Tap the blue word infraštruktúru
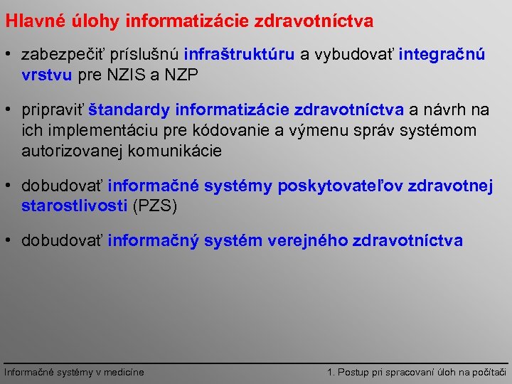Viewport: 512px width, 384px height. coord(239,55)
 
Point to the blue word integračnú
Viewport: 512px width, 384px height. coord(442,55)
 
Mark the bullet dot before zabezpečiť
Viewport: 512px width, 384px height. coord(11,55)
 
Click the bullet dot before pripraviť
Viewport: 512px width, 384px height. coord(11,110)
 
